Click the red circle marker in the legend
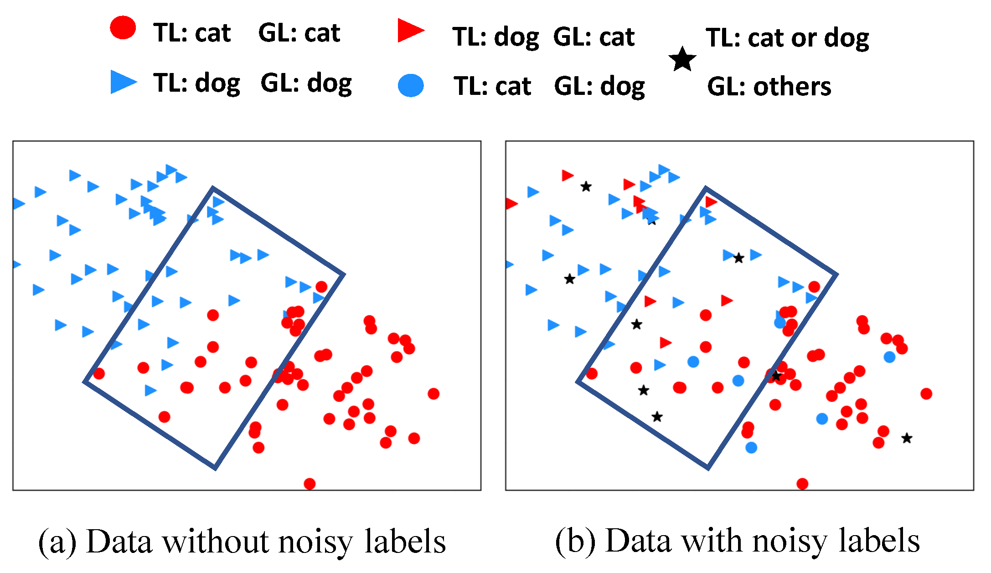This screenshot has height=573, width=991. (x=123, y=28)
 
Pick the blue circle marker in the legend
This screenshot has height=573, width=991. (x=411, y=85)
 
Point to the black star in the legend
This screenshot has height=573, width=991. (x=682, y=59)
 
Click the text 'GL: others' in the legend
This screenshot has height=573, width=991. (x=769, y=86)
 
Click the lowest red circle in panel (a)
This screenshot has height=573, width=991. (x=310, y=484)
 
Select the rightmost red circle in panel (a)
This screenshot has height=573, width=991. (x=434, y=394)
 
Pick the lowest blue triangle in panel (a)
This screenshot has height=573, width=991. (x=150, y=390)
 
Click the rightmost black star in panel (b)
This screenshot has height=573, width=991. (x=907, y=438)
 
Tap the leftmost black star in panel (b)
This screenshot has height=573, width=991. (x=569, y=279)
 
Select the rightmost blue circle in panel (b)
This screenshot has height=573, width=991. (x=889, y=357)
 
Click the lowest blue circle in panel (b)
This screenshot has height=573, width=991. (x=751, y=448)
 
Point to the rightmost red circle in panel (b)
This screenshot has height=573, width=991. (x=926, y=394)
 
